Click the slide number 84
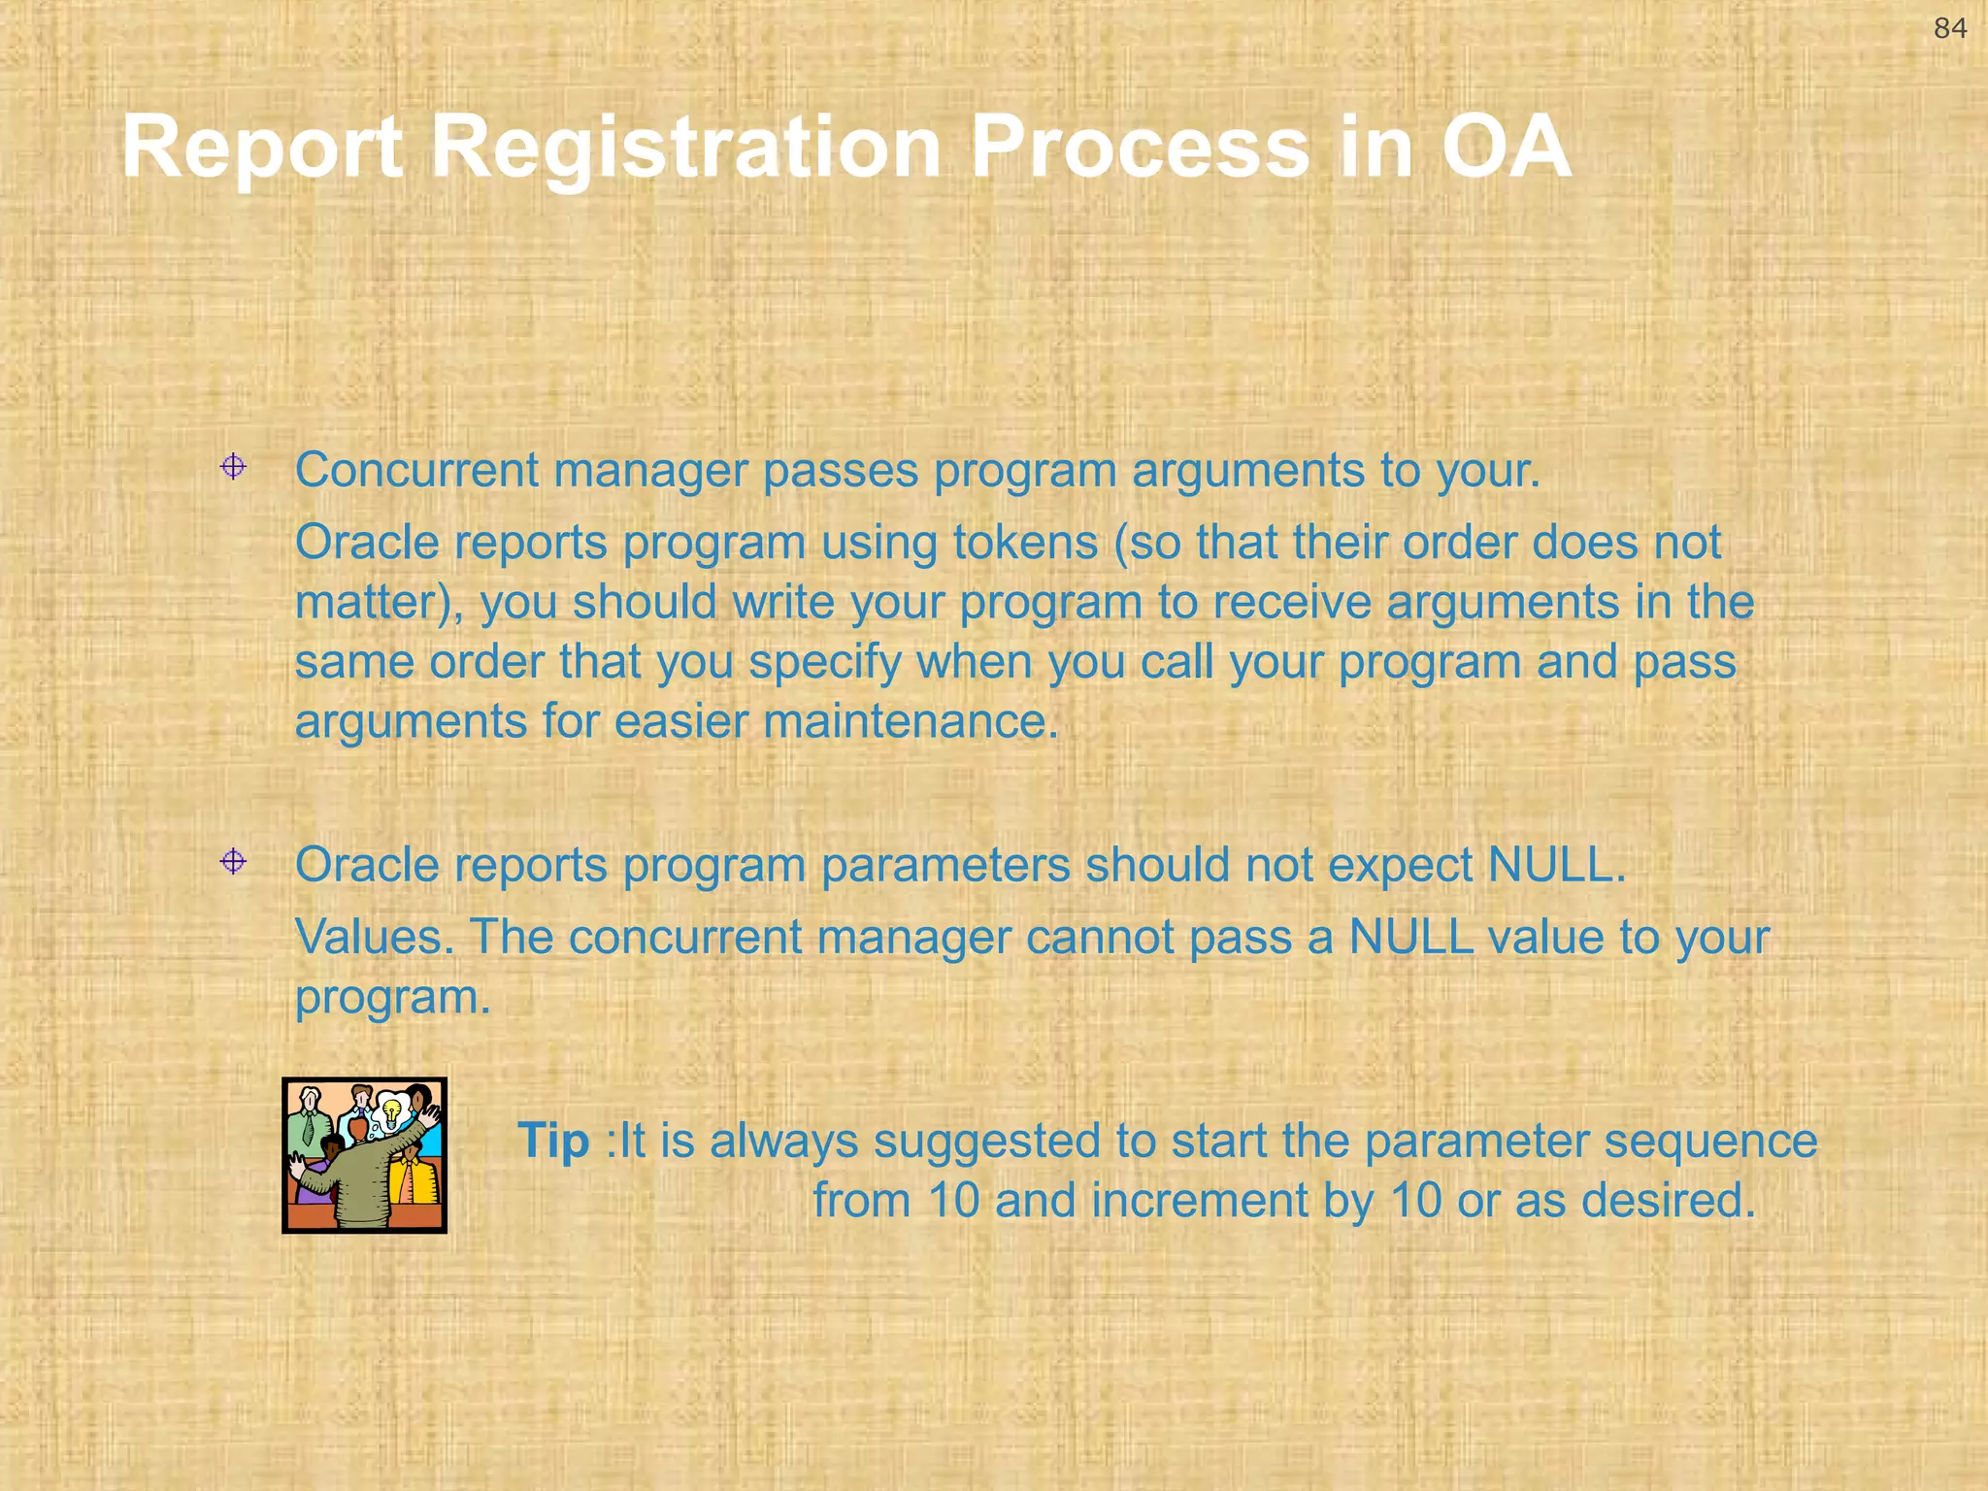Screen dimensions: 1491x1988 pos(1950,28)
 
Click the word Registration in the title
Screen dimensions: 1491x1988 pos(685,148)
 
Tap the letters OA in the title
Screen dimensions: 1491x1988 pos(1506,148)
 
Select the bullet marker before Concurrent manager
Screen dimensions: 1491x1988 pos(233,468)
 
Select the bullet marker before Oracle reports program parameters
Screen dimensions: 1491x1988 pos(233,862)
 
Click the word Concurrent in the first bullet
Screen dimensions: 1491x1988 pos(416,470)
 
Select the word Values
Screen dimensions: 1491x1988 pos(374,938)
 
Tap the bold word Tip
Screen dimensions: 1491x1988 pos(552,1141)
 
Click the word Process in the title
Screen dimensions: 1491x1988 pos(1140,148)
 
